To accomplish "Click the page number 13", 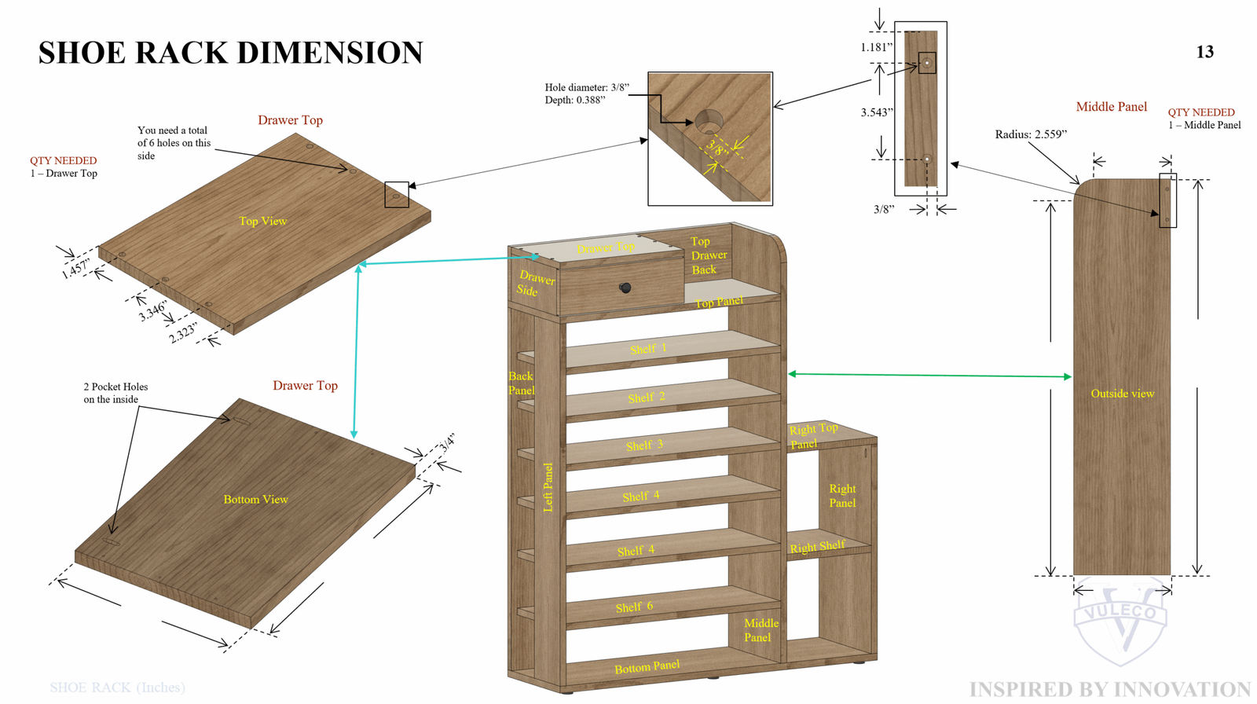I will pyautogui.click(x=1204, y=52).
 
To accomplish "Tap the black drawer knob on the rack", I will pyautogui.click(x=625, y=288).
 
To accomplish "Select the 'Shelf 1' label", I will pyautogui.click(x=648, y=349).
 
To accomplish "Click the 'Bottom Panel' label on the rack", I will pyautogui.click(x=647, y=667).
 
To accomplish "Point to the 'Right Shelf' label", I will pyautogui.click(x=817, y=547).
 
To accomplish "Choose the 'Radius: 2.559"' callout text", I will pyautogui.click(x=1031, y=134).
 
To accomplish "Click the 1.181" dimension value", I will pyautogui.click(x=877, y=47).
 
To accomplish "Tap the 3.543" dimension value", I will pyautogui.click(x=877, y=112).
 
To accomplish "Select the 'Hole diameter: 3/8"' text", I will pyautogui.click(x=587, y=87).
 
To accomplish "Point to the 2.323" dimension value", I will pyautogui.click(x=183, y=332).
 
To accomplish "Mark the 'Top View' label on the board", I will pyautogui.click(x=262, y=221).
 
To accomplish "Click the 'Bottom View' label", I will pyautogui.click(x=255, y=499).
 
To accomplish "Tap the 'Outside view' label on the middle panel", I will pyautogui.click(x=1122, y=393).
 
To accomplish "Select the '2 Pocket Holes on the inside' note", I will pyautogui.click(x=115, y=393).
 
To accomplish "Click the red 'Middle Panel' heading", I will pyautogui.click(x=1111, y=107).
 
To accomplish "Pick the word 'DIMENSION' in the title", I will pyautogui.click(x=330, y=53).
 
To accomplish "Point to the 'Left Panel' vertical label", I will pyautogui.click(x=548, y=487).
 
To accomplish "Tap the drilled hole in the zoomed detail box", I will pyautogui.click(x=709, y=122).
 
